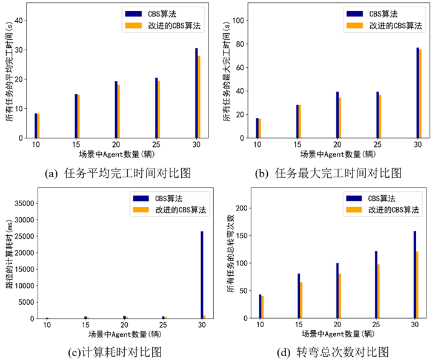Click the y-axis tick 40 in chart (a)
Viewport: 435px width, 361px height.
tap(18, 20)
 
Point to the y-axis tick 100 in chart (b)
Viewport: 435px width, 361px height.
tap(239, 20)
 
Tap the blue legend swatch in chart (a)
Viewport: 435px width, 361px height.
tap(133, 13)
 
